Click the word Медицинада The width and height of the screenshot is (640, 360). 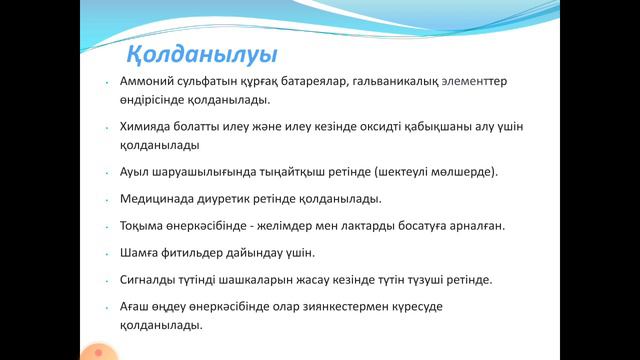pyautogui.click(x=168, y=198)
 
